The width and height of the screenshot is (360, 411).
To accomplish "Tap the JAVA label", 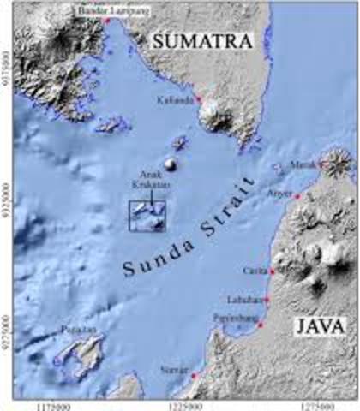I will tap(319, 326).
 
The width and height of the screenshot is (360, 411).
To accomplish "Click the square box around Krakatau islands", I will tap(147, 216).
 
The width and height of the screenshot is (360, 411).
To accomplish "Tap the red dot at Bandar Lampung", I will tap(106, 19).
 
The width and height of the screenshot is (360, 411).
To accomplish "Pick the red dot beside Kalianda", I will tap(198, 99).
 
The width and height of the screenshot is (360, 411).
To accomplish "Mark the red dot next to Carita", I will tap(272, 271).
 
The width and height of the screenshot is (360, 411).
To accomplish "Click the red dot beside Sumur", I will tap(195, 375).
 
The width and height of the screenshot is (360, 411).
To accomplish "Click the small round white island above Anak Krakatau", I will tap(170, 164).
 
